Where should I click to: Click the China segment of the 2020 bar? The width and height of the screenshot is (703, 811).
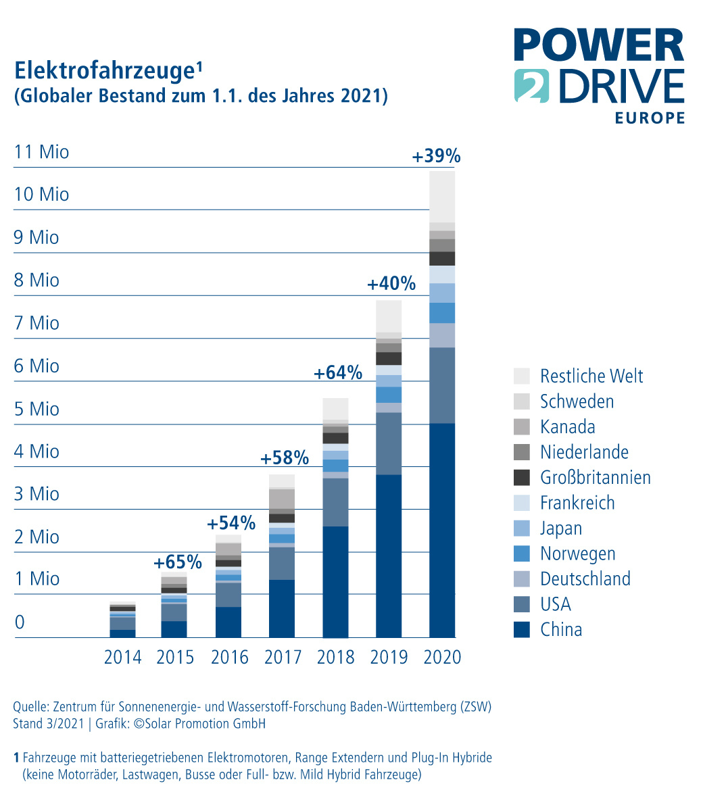(x=442, y=531)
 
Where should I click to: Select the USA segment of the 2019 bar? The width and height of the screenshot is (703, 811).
(x=389, y=443)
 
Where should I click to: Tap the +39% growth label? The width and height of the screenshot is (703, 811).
(x=436, y=157)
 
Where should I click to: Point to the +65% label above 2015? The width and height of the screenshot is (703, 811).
(x=178, y=562)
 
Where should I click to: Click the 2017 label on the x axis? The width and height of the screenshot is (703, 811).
(x=283, y=657)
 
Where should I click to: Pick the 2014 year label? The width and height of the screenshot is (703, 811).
(x=122, y=657)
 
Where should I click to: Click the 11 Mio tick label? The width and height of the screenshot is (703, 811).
(x=42, y=151)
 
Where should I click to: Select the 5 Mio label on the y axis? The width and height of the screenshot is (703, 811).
(x=37, y=409)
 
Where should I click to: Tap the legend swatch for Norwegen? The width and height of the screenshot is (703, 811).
(x=522, y=554)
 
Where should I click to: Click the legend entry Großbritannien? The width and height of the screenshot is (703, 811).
(x=595, y=477)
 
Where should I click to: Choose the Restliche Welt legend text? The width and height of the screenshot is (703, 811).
(x=591, y=376)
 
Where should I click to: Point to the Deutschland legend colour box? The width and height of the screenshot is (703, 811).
(x=522, y=579)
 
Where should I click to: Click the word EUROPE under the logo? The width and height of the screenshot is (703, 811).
(x=650, y=118)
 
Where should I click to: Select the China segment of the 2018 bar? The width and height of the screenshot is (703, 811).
(x=335, y=581)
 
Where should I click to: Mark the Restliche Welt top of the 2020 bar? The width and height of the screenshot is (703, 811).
(x=442, y=197)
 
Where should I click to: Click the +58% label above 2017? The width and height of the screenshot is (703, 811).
(x=285, y=459)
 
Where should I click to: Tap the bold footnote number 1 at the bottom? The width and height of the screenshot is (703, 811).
(x=16, y=758)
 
